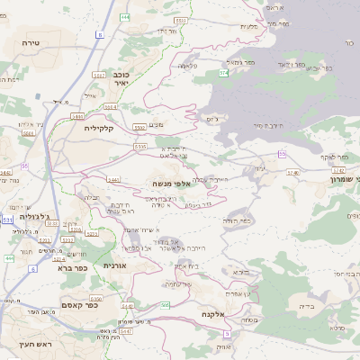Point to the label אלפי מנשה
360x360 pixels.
point(169,184)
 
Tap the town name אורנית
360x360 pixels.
point(115,265)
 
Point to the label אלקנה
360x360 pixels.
point(206,313)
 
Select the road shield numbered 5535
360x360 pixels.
point(139,145)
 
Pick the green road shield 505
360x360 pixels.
point(165,306)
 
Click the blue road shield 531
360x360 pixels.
point(7,219)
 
